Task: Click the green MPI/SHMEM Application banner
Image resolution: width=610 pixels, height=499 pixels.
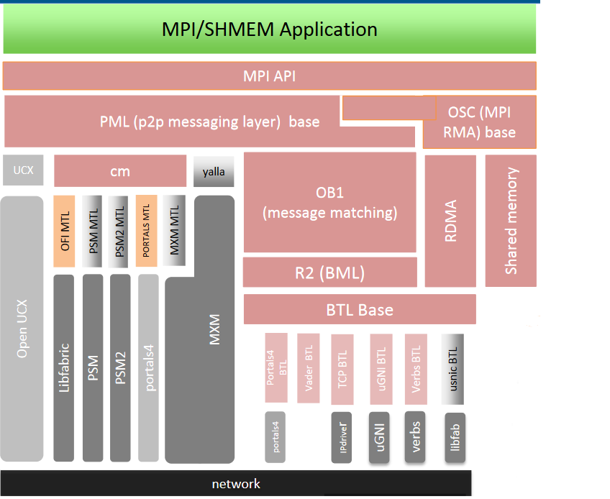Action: pos(269,29)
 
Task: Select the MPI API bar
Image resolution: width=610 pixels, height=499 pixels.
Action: pos(269,75)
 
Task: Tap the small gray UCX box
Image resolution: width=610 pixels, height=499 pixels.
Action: pos(22,170)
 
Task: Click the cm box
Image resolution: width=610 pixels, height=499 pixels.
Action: pos(120,171)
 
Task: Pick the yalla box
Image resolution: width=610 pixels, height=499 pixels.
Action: pos(214,172)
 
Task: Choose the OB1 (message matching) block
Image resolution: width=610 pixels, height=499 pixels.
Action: pos(329,203)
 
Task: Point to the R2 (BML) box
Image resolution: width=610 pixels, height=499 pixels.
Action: pos(329,273)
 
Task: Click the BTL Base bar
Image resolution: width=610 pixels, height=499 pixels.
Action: pos(360,309)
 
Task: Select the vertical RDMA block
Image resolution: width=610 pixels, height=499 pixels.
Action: pos(450,221)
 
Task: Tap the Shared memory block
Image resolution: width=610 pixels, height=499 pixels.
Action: pos(511,221)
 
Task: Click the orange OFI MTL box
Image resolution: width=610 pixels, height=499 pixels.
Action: pos(64,232)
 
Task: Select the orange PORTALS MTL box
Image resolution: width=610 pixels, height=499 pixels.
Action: pos(147,232)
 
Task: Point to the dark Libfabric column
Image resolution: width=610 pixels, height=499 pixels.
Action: pos(64,367)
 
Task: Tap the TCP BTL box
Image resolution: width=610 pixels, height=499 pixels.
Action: pos(342,368)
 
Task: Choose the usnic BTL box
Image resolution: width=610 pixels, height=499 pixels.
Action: pos(452,368)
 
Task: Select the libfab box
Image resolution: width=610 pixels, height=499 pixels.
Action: pos(455,437)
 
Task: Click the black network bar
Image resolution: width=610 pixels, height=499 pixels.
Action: pos(236,483)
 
